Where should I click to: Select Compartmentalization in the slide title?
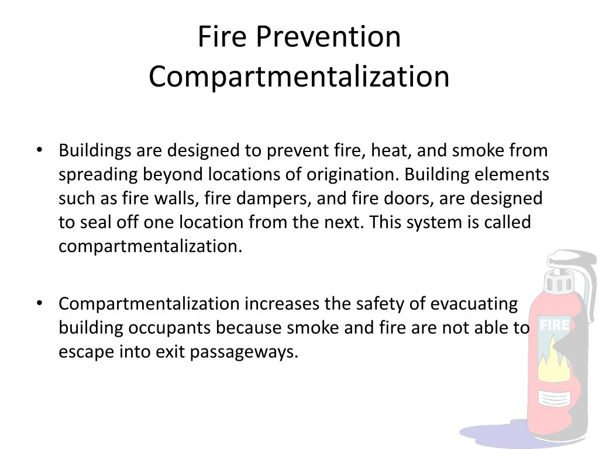click(x=299, y=77)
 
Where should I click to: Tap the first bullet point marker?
click(x=39, y=150)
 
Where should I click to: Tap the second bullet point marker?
click(x=39, y=303)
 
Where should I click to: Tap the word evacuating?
click(x=474, y=304)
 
